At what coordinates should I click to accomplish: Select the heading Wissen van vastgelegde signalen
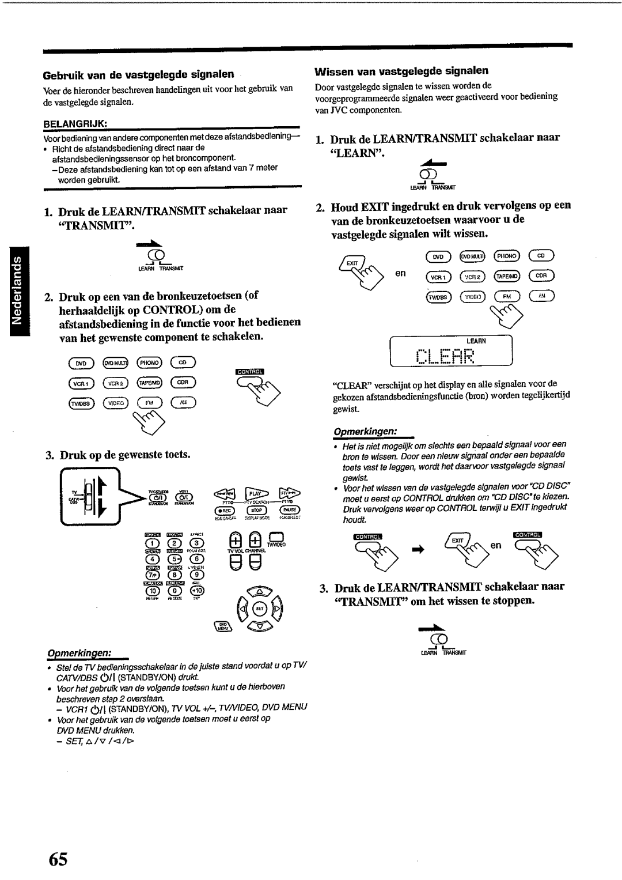tap(401, 71)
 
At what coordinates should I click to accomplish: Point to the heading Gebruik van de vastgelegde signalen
tap(138, 74)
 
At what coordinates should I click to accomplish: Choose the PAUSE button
tap(289, 510)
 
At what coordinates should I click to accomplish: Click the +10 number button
tap(197, 591)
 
